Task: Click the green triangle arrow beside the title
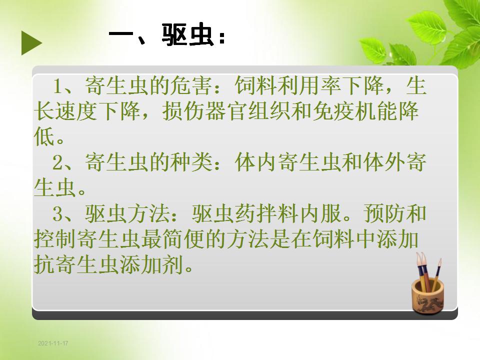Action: [x=31, y=43]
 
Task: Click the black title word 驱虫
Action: [x=187, y=35]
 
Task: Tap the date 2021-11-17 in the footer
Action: [x=53, y=343]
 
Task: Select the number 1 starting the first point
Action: [x=58, y=86]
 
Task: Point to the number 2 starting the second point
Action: [x=58, y=162]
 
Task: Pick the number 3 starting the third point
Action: [x=58, y=214]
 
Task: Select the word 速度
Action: [x=76, y=111]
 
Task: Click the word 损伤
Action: [x=183, y=111]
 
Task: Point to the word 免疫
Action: [x=333, y=111]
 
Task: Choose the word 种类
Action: [x=191, y=162]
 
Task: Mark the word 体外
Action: [x=384, y=162]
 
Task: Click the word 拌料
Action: [x=277, y=213]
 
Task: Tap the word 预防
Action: [x=384, y=213]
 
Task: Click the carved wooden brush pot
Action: [x=427, y=295]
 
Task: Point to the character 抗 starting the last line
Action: [x=44, y=264]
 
